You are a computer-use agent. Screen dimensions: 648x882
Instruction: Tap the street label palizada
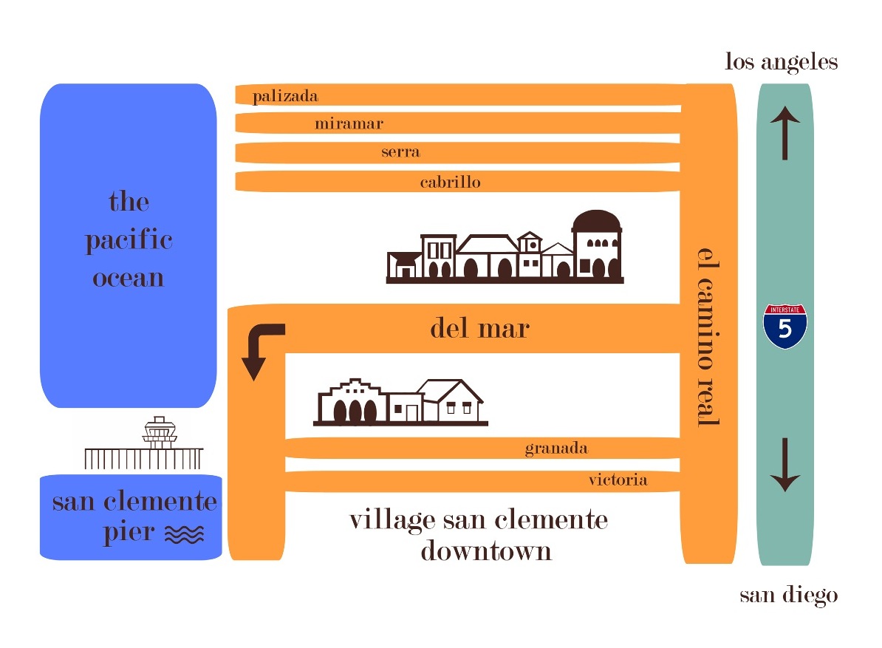(285, 96)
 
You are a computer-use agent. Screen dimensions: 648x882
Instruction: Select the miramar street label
(349, 123)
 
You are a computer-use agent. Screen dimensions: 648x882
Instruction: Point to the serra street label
(400, 152)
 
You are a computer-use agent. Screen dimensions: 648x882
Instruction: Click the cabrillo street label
(450, 182)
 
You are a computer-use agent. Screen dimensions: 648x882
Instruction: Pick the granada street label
(556, 449)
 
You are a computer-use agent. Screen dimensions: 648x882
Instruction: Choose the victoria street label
(618, 480)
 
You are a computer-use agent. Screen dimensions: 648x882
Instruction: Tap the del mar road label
(479, 328)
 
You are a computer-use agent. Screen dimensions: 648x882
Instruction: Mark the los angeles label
(782, 62)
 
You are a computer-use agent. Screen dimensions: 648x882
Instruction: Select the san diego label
(789, 595)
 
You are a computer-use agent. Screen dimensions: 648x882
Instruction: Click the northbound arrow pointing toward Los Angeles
(784, 132)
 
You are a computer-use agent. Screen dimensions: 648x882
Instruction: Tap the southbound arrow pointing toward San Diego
(784, 465)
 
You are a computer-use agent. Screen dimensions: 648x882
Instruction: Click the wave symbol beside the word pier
(184, 534)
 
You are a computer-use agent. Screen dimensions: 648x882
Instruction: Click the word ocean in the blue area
(128, 279)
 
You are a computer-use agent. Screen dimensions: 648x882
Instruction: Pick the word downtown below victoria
(486, 551)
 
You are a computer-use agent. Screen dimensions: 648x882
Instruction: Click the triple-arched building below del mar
(352, 402)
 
